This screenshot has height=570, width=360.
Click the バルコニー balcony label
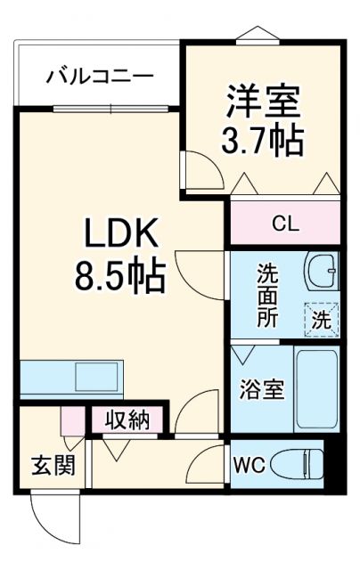[101, 74]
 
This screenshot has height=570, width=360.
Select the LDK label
[120, 235]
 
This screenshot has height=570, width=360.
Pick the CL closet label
[285, 223]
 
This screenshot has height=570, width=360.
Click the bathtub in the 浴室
[316, 388]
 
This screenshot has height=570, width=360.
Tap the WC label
[249, 464]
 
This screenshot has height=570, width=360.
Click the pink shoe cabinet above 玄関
[71, 419]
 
